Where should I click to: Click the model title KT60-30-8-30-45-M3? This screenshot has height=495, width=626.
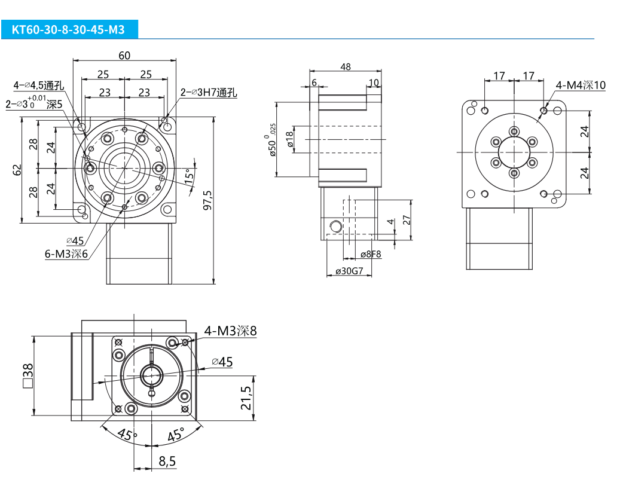tap(68, 29)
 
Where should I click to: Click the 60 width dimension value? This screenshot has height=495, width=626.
tap(124, 56)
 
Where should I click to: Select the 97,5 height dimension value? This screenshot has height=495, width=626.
tap(208, 200)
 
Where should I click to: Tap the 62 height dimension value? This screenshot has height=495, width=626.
tap(17, 170)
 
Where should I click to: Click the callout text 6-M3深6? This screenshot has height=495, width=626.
tap(66, 254)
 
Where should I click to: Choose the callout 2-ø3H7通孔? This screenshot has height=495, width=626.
tap(209, 92)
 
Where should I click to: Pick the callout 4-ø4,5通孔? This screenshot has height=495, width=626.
tap(39, 85)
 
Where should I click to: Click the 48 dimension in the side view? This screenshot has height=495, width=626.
tap(346, 67)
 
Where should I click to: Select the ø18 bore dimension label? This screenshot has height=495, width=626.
tap(290, 139)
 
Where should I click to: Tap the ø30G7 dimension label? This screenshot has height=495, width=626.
tap(349, 271)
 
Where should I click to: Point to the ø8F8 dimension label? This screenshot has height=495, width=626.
tap(371, 254)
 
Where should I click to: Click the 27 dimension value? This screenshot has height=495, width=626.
tap(407, 220)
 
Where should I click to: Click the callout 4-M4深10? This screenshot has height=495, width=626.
tap(581, 85)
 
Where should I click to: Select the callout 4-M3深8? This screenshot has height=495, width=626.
tap(230, 331)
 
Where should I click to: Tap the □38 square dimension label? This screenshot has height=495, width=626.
tap(28, 375)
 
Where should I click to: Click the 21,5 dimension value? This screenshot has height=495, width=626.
tap(246, 398)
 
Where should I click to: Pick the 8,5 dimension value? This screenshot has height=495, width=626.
tap(167, 461)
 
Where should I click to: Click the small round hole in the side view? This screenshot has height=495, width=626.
tap(336, 227)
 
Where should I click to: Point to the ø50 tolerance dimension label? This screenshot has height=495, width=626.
tap(271, 140)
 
